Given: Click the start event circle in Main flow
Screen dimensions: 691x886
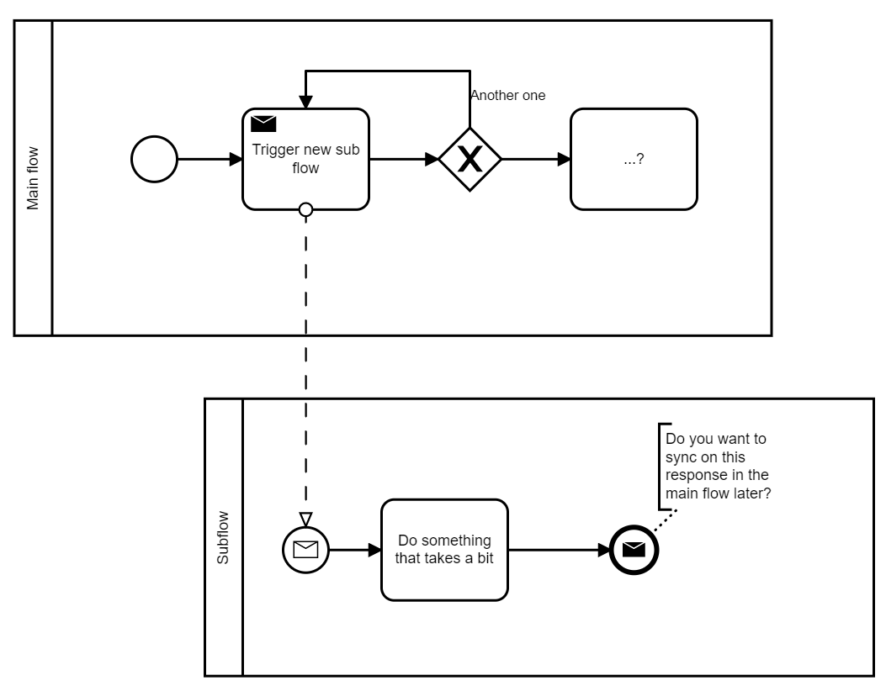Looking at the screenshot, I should point(155,159).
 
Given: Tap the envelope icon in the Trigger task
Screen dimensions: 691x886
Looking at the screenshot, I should point(263,124).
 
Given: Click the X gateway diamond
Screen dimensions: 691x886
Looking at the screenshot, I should point(470,159).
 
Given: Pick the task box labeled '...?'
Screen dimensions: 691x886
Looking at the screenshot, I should point(634,159).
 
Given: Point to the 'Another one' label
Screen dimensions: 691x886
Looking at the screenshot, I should point(507,96).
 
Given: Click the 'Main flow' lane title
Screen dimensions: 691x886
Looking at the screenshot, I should point(34,179).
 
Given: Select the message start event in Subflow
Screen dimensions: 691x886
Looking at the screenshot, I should point(305,551).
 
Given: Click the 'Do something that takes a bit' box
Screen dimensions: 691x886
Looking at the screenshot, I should point(444,550).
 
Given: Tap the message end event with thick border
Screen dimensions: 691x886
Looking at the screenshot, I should point(634,551).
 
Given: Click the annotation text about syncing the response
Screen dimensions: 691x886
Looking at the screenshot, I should point(719,467).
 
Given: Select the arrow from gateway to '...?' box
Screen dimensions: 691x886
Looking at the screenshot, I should point(535,159).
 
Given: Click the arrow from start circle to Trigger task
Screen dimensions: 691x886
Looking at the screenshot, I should point(209,159).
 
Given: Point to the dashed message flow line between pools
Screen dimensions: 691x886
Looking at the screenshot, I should point(306,361).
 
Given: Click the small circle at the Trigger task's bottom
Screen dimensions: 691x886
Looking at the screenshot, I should point(306,210).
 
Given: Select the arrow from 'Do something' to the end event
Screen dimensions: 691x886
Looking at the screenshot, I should point(559,551).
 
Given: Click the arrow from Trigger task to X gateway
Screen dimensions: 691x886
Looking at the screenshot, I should point(403,159).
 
